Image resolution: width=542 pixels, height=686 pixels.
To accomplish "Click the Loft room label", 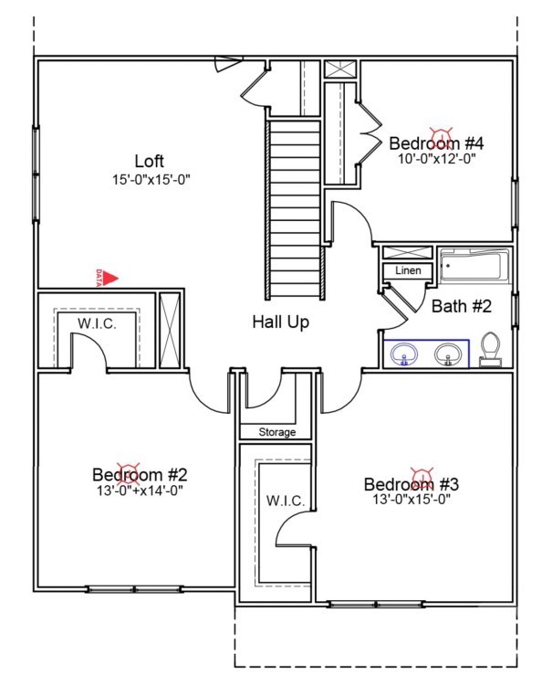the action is (x=149, y=161).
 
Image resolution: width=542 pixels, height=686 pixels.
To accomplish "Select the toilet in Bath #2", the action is (x=490, y=349).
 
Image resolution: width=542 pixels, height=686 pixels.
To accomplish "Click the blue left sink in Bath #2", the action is (x=404, y=354).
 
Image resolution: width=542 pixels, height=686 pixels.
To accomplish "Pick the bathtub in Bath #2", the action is (x=475, y=266).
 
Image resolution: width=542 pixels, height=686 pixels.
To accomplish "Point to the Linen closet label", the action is (x=408, y=270).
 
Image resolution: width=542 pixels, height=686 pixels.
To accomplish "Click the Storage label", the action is (x=277, y=432).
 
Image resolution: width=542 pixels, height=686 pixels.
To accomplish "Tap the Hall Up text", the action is (x=281, y=322).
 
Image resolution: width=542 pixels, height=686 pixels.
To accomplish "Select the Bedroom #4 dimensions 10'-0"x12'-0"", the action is (x=437, y=158).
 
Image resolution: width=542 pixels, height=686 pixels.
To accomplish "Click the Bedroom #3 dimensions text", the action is (x=412, y=499).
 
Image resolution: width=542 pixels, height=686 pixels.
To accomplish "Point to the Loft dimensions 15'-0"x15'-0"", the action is (x=151, y=179).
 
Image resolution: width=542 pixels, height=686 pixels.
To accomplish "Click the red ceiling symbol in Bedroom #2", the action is (x=128, y=471).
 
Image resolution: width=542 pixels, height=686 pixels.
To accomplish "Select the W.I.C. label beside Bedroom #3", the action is (x=286, y=501).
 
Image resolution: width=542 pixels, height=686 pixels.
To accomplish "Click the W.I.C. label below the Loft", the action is (x=97, y=323).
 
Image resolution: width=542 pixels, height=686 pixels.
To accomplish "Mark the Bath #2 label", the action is (x=462, y=306).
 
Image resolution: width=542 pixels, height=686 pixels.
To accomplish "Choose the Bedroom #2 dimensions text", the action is (x=140, y=491).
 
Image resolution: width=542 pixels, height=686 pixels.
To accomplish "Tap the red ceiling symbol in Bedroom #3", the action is (x=422, y=476).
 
